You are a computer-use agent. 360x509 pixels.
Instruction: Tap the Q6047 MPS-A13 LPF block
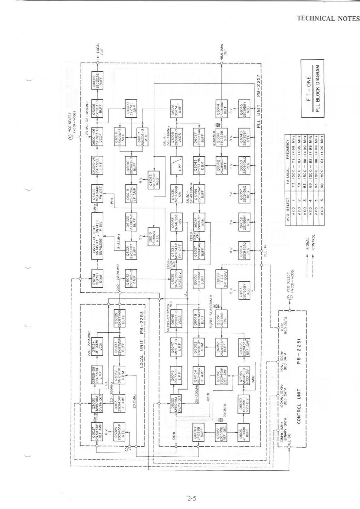(176, 346)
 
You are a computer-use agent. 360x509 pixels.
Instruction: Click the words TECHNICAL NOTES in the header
(328, 18)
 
